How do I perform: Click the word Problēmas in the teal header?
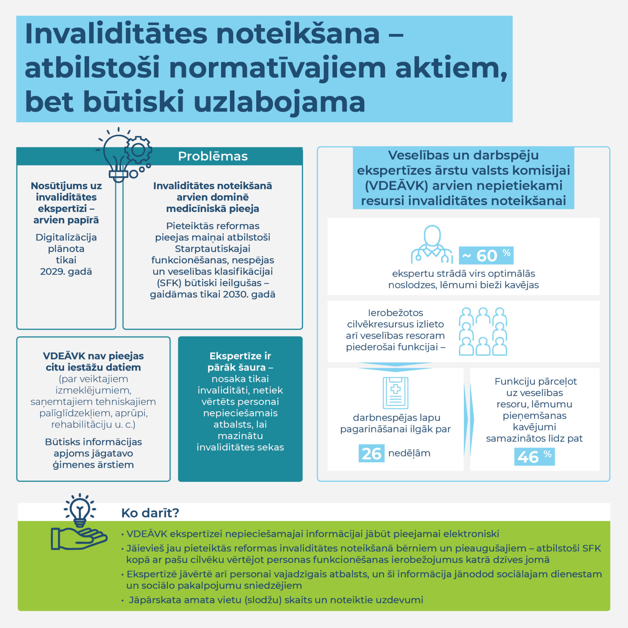pos(213,156)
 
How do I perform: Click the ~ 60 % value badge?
pos(486,255)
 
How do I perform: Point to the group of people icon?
pos(483,332)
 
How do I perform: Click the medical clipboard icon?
pos(395,393)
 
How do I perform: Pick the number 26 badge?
pos(371,453)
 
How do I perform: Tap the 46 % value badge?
pos(534,456)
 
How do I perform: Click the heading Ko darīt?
pos(150,513)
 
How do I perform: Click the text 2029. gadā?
pos(66,271)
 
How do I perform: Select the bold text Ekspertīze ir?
pos(240,356)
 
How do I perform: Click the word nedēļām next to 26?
pos(409,453)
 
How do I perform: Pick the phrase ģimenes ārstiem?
pos(93,465)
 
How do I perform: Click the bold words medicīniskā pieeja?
pos(212,208)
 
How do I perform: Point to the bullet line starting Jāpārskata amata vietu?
pos(275,600)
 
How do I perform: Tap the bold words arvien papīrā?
pos(66,220)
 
